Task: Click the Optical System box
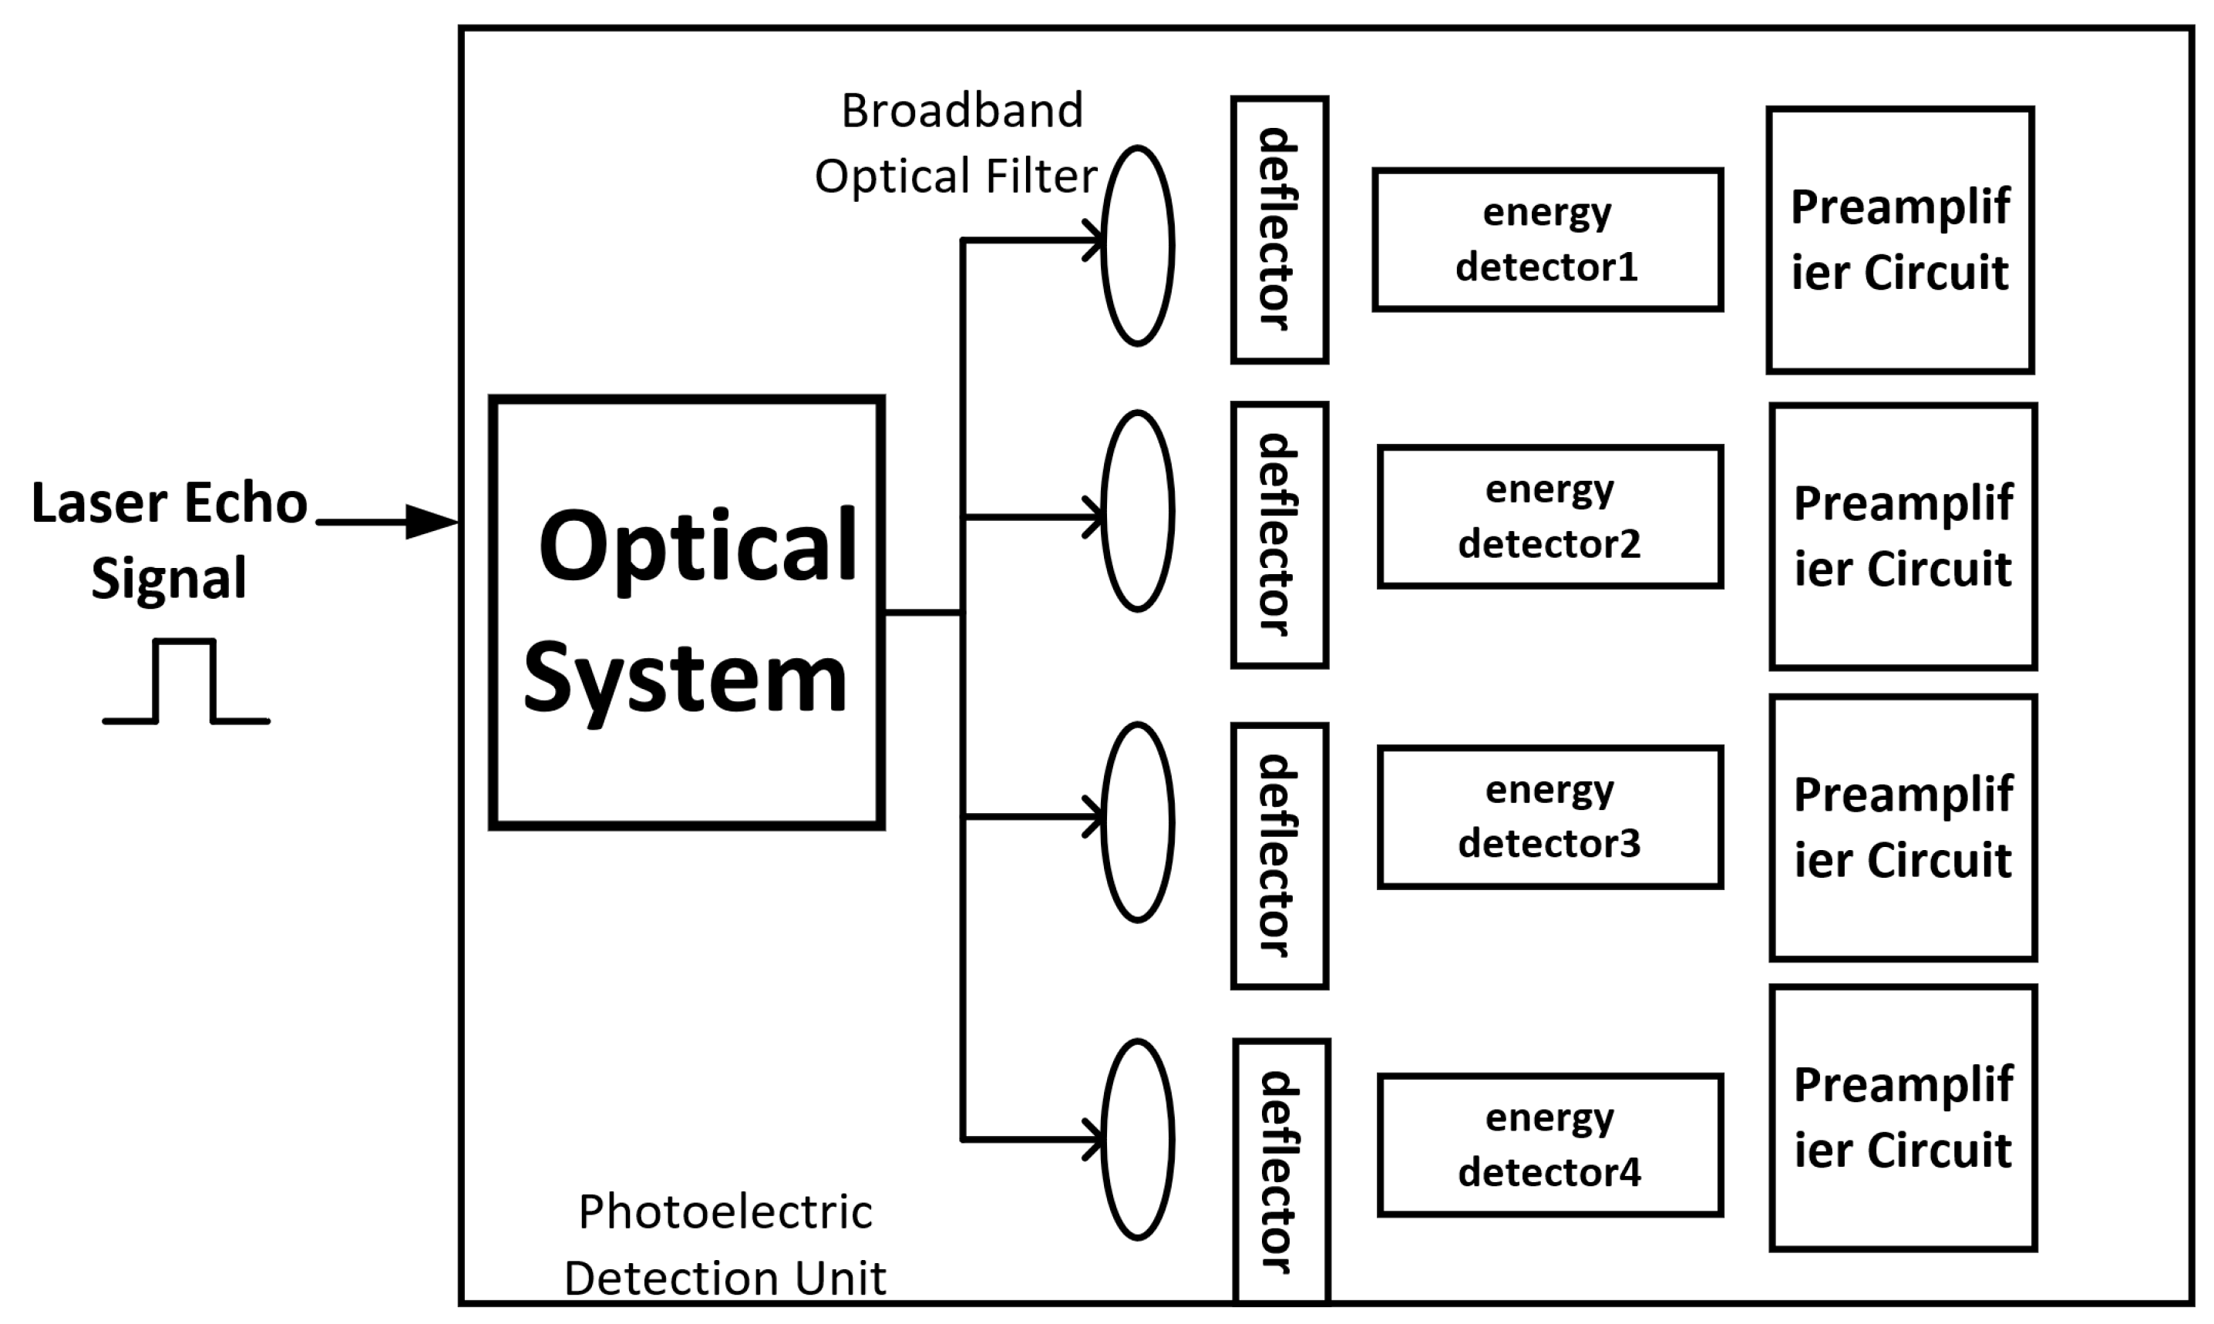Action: pos(686,613)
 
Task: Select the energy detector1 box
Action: pos(1547,240)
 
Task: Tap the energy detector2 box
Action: pos(1550,516)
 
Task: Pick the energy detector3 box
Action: pos(1550,817)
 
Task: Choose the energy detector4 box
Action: pos(1550,1144)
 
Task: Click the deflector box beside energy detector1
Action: pos(1280,230)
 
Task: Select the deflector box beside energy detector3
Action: pos(1280,855)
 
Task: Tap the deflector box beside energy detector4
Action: pos(1281,1171)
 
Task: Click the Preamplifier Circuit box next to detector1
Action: pos(1900,240)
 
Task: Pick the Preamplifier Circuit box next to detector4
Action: pos(1903,1118)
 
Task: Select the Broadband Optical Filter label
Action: pos(957,143)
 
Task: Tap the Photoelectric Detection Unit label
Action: pos(725,1245)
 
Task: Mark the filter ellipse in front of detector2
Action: pos(1137,511)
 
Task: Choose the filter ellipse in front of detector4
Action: pos(1137,1139)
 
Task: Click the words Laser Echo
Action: pos(170,502)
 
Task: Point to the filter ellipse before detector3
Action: pos(1137,822)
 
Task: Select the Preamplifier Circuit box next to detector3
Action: pos(1903,827)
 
